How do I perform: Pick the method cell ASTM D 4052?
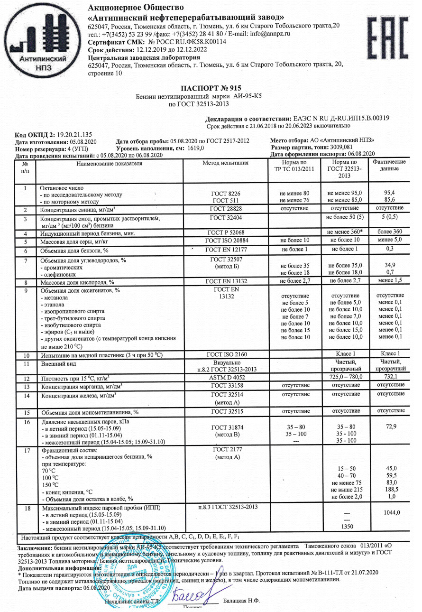click(x=225, y=377)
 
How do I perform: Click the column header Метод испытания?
click(x=225, y=163)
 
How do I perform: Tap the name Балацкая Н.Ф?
click(x=242, y=601)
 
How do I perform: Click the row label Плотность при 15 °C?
click(x=75, y=378)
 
